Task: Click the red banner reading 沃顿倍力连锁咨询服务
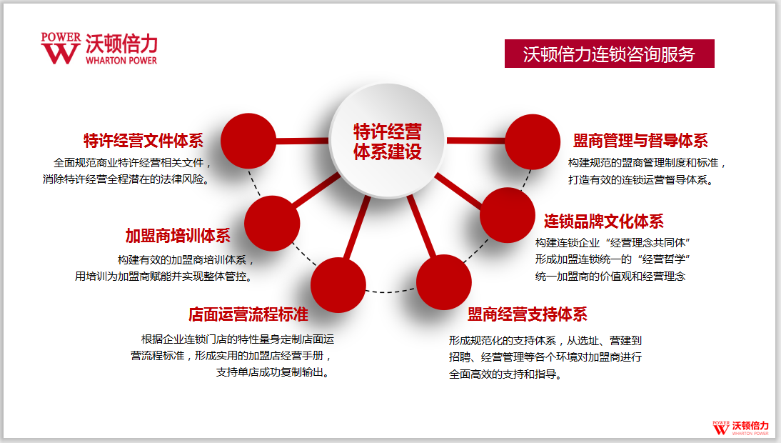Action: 609,54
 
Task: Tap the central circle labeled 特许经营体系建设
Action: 387,141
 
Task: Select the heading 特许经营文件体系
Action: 143,141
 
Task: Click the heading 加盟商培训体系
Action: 178,235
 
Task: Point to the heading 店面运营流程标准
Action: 248,314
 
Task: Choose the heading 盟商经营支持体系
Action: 528,314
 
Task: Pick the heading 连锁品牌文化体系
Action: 604,221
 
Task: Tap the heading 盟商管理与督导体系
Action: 640,141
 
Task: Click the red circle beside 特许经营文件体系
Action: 248,141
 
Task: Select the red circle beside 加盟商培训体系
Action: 272,223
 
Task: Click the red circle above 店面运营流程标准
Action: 338,285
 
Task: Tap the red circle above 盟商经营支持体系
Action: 444,282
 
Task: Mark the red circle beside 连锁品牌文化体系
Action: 508,215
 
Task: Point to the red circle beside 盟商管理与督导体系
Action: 533,142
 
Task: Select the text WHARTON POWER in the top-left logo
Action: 121,60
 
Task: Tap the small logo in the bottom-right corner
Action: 740,428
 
